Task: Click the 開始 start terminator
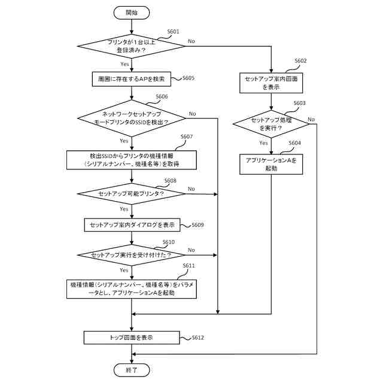pyautogui.click(x=132, y=13)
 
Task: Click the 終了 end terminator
pyautogui.click(x=132, y=370)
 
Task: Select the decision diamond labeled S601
pyautogui.click(x=132, y=46)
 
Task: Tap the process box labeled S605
pyautogui.click(x=132, y=79)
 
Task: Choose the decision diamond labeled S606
pyautogui.click(x=132, y=118)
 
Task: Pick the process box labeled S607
pyautogui.click(x=132, y=160)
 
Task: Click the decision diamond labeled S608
pyautogui.click(x=132, y=194)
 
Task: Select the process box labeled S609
pyautogui.click(x=132, y=225)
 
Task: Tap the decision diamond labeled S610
pyautogui.click(x=132, y=255)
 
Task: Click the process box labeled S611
pyautogui.click(x=132, y=289)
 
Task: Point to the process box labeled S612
pyautogui.click(x=132, y=338)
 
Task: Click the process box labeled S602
pyautogui.click(x=271, y=83)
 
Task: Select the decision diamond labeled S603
pyautogui.click(x=271, y=124)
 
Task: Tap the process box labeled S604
pyautogui.click(x=271, y=164)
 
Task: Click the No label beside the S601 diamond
pyautogui.click(x=191, y=41)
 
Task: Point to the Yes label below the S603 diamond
pyautogui.click(x=263, y=143)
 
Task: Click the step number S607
pyautogui.click(x=187, y=136)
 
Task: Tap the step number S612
pyautogui.click(x=198, y=338)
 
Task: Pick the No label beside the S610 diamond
pyautogui.click(x=191, y=250)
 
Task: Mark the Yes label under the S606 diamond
pyautogui.click(x=124, y=141)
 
